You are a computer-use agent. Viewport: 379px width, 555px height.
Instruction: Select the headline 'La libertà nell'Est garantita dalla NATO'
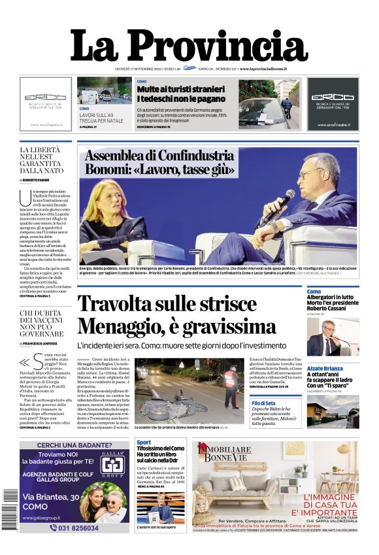[42, 161]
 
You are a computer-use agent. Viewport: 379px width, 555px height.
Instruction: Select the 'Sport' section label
[144, 443]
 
